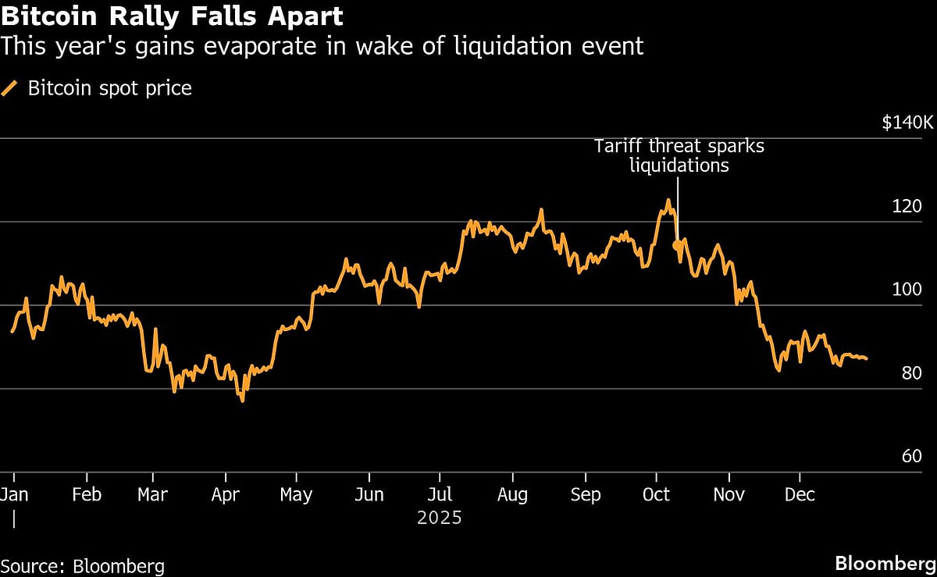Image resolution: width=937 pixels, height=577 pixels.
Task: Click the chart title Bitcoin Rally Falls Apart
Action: coord(171,16)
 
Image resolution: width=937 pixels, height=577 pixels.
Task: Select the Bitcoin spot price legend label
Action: coord(109,88)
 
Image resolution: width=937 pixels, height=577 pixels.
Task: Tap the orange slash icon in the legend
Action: coord(11,88)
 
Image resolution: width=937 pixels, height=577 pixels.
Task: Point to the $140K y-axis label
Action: coord(907,123)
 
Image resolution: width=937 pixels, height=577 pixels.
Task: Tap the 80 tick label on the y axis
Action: coord(912,373)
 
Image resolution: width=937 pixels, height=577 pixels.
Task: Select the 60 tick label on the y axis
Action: coord(912,456)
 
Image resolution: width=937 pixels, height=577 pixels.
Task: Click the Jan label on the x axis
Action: coord(14,494)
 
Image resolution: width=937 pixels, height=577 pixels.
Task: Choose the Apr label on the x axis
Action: coord(226,494)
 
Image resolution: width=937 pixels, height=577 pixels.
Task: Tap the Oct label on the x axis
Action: coord(656,494)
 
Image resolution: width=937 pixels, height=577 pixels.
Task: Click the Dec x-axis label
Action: coord(800,494)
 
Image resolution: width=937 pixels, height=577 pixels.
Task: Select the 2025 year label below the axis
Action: coord(440,518)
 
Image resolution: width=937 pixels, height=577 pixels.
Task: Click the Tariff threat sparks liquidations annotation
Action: coord(677,155)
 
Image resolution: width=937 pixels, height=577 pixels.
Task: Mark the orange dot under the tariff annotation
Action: coord(677,245)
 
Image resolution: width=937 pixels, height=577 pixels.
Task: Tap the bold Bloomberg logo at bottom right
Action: coord(885,564)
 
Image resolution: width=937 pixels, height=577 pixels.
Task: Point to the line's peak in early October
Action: coord(668,201)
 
